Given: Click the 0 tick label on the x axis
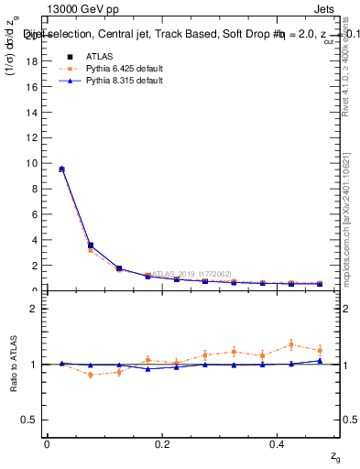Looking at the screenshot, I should coord(46,442).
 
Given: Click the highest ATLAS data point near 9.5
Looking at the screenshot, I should coord(61,169).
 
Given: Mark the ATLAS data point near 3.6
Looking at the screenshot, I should coord(90,245).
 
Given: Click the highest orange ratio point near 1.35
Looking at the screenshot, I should coord(291,344).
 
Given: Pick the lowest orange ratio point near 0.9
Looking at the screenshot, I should coord(90,375).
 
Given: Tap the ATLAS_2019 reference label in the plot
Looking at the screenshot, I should coord(179,274).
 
